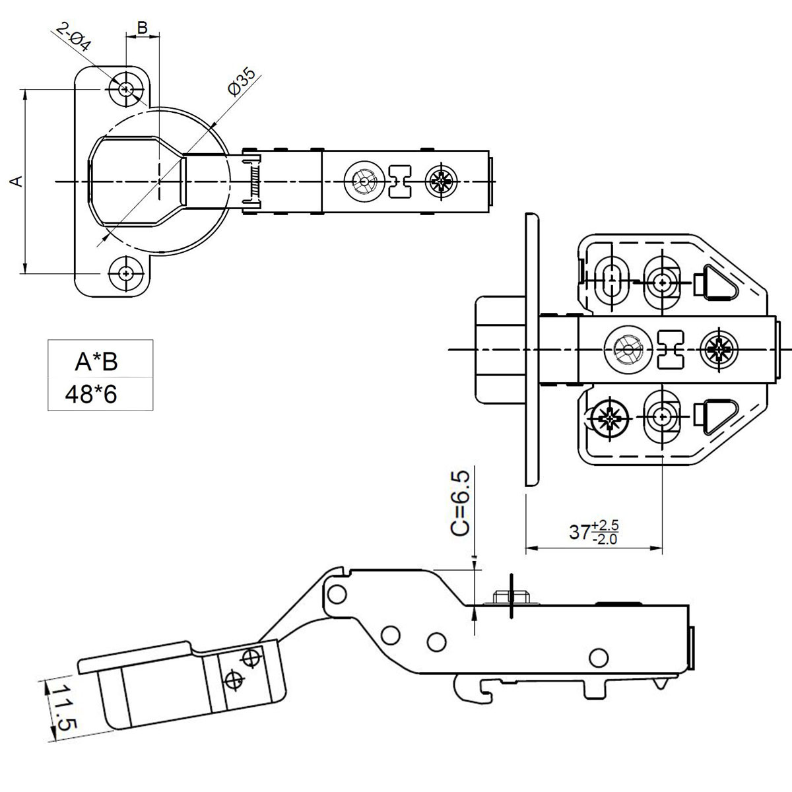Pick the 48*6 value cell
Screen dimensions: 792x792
(x=90, y=394)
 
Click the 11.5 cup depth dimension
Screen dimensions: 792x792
(x=65, y=706)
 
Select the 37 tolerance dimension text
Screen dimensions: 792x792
(x=593, y=531)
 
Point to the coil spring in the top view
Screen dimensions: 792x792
(x=253, y=182)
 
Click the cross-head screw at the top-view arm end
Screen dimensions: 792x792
(x=442, y=181)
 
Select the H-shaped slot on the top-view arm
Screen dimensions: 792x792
(x=400, y=181)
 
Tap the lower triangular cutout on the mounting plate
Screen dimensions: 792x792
(x=715, y=417)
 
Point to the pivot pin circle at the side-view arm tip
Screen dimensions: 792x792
(x=338, y=592)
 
